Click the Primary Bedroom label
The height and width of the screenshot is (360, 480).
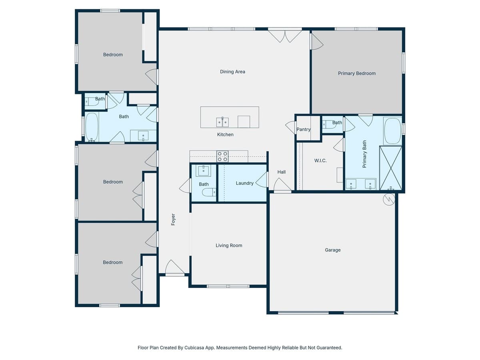coord(357,73)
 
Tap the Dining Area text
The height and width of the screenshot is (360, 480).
coord(232,72)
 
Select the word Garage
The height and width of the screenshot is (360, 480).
coord(332,250)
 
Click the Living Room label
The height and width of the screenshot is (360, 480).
coord(229,246)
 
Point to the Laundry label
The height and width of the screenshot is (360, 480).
coord(244,183)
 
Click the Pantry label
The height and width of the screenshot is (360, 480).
coord(304,129)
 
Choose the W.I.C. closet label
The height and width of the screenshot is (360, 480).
coord(320,160)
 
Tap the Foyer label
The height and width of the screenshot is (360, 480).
coord(173,219)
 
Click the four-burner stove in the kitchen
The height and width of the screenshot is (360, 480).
coord(222,156)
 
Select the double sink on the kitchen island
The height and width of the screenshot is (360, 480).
coord(222,122)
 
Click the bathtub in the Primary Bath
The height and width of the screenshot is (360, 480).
coord(392,131)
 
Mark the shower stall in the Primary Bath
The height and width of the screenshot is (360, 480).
coord(390,168)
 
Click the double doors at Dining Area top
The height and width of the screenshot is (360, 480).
coord(285,35)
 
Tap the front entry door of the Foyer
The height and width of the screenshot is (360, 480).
coord(175,268)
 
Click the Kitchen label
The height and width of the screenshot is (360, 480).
coord(225,134)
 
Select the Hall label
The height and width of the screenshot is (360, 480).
coord(282,172)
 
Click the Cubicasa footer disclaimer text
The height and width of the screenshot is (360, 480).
coord(240,348)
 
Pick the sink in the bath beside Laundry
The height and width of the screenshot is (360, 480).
coord(203,170)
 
